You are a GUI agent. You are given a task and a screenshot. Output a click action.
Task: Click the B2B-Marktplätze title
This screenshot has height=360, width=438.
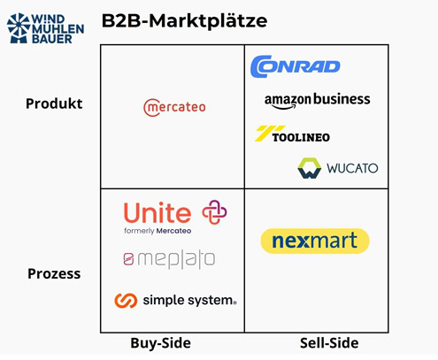tap(184, 21)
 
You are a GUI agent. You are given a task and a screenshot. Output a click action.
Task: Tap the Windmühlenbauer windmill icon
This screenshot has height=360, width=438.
tap(19, 28)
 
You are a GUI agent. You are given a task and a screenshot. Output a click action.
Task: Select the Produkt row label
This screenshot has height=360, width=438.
tap(54, 103)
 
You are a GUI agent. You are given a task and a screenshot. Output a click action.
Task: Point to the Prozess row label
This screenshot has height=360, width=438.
tap(54, 273)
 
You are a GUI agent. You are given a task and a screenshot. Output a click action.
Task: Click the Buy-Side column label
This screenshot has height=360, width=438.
tap(161, 343)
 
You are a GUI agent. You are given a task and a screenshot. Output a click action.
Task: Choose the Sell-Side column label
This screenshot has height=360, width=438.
tap(329, 343)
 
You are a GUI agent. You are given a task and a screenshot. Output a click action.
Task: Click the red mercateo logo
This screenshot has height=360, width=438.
tap(174, 107)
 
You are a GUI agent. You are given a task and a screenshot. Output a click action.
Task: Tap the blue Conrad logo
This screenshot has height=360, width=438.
tap(296, 66)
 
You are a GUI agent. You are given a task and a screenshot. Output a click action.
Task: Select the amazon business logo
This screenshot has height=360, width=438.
tap(317, 101)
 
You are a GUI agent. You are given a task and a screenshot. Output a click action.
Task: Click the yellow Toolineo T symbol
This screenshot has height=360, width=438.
tap(269, 134)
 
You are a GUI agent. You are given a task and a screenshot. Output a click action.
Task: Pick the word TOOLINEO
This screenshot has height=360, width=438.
tap(301, 137)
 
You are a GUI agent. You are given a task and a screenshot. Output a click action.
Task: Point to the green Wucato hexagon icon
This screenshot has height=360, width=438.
tap(309, 168)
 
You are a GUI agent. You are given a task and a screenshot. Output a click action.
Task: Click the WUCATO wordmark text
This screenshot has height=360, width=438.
tap(352, 168)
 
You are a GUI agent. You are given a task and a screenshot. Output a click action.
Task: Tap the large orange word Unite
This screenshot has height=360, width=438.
tap(158, 212)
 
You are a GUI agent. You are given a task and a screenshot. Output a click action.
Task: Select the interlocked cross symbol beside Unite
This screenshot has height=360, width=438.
tap(214, 212)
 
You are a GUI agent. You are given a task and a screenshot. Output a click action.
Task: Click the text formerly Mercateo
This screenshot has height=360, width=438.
tap(158, 231)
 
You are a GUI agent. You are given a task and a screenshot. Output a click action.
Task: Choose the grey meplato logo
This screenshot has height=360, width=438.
tap(169, 259)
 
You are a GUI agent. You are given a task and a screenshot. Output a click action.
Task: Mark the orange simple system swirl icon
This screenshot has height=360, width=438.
tap(126, 301)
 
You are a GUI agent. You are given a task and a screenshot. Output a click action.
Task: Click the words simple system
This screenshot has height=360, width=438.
tap(188, 301)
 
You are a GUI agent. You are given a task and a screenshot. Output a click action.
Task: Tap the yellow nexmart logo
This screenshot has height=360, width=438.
tap(315, 241)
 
